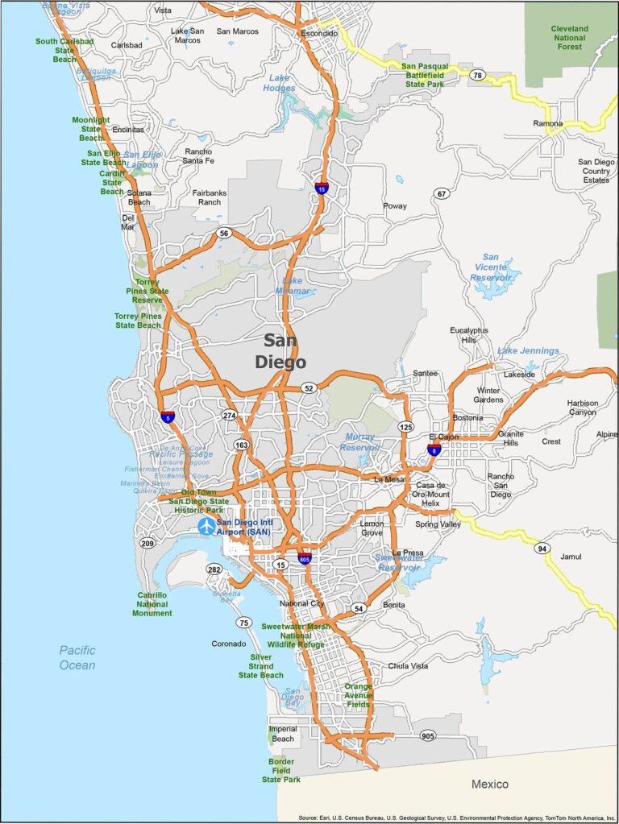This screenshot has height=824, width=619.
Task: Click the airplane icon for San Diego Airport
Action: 207,526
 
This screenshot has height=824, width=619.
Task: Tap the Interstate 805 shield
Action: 304,558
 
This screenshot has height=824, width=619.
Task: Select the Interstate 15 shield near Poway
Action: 322,188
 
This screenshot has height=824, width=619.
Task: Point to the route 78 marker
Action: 478,75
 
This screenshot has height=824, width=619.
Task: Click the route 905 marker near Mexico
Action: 427,735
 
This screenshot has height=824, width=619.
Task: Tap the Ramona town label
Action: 548,123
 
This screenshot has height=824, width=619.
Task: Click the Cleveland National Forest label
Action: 570,37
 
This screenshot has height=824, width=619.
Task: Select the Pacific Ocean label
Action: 77,657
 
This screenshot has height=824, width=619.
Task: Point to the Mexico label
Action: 490,784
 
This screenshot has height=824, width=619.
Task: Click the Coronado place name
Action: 229,644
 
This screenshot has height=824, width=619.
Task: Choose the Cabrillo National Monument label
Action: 152,604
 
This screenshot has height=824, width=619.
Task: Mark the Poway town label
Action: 395,206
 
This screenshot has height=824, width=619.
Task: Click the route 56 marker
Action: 223,233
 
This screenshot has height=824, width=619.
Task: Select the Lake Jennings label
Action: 528,350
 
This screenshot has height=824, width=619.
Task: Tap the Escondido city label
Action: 319,34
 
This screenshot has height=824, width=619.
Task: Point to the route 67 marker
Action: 441,193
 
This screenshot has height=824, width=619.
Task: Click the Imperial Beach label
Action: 283,734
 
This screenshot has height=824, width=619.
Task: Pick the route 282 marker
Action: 214,569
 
